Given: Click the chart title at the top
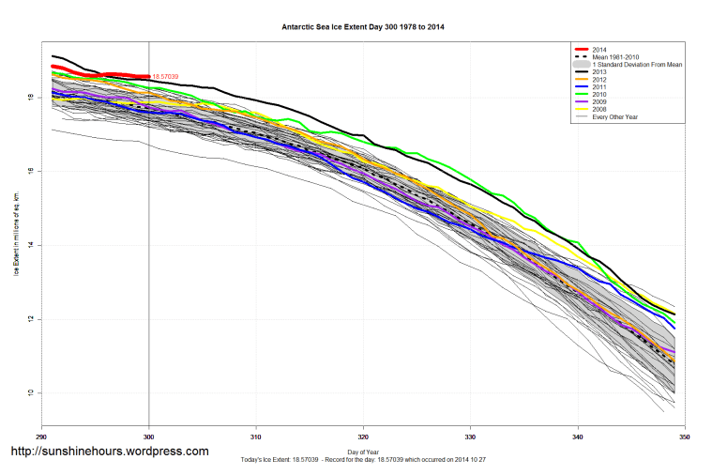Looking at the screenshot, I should point(363,27).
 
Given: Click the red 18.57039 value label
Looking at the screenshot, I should point(164,76).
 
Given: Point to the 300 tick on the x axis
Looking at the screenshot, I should point(148,437).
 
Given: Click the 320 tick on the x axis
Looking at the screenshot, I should point(363,437).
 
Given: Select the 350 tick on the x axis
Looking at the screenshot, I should point(685,437).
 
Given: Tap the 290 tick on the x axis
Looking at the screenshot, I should point(41,437).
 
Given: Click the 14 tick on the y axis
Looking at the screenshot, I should point(31,245).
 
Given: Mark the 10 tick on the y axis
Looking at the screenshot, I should point(31,392).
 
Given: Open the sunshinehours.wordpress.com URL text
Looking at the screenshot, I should point(109,452).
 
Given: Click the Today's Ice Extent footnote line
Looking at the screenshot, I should point(363,461).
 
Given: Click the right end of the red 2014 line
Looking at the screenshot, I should point(148,76).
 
